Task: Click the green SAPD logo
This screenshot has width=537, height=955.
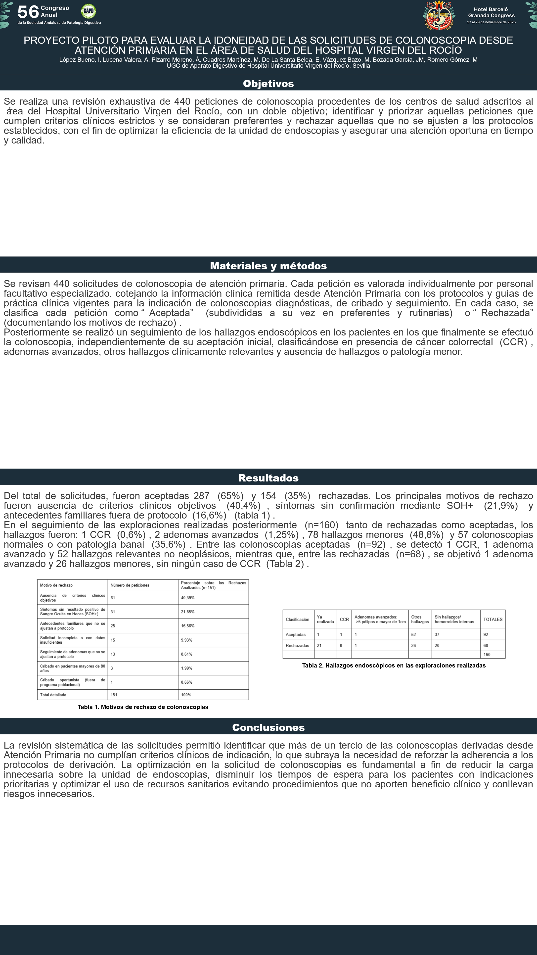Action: pos(88,11)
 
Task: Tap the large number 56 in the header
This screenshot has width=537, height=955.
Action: pos(28,12)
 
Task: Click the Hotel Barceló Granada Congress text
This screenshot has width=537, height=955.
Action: pos(491,13)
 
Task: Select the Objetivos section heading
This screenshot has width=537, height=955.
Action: pos(268,84)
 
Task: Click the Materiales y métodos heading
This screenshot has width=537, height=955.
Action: pos(268,266)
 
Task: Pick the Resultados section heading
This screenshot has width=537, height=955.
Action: pos(268,478)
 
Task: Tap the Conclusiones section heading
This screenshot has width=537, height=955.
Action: pos(268,727)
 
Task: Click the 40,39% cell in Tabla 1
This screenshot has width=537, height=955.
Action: pos(187,598)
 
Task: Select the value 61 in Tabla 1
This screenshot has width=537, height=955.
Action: pos(113,598)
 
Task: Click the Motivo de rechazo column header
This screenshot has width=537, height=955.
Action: pos(56,585)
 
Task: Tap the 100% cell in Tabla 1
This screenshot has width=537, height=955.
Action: pos(186,695)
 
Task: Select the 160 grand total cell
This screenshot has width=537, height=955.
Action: pos(487,655)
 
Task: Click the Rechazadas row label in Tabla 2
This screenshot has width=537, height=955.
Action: pos(297,645)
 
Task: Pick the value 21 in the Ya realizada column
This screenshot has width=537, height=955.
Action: pos(319,645)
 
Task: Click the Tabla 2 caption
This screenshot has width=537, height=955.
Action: pos(394,666)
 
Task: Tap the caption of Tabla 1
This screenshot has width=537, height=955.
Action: pos(143,707)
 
